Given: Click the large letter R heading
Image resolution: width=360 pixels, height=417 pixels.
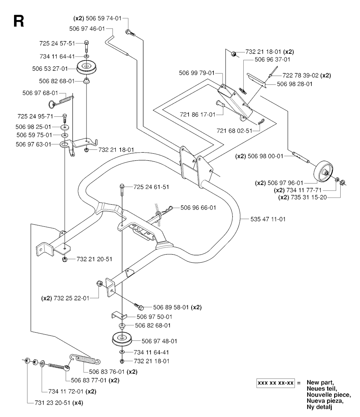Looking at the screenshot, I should [18, 21].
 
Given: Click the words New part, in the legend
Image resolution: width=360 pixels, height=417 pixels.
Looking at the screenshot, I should [319, 382].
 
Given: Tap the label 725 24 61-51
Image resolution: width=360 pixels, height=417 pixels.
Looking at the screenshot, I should [151, 187].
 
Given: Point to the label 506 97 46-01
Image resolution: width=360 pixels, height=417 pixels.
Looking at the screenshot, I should [87, 29].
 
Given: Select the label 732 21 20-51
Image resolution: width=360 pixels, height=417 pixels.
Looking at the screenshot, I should [95, 259].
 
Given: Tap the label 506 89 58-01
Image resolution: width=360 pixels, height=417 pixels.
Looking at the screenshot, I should [166, 307].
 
